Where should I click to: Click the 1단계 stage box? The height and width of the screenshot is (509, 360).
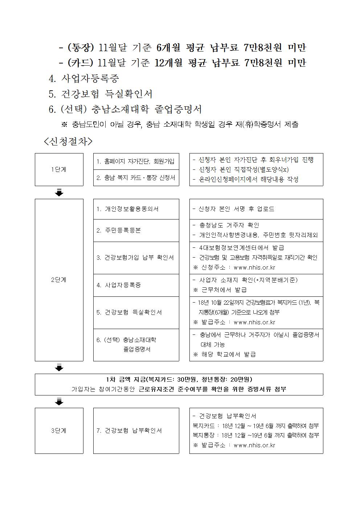(59, 169)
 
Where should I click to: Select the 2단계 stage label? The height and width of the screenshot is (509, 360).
(59, 280)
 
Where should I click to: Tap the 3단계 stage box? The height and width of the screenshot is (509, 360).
(59, 431)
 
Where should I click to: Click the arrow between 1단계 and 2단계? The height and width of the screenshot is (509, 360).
(59, 192)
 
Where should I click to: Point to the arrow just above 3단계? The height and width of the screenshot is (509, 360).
(59, 401)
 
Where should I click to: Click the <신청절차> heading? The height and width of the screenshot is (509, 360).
(68, 141)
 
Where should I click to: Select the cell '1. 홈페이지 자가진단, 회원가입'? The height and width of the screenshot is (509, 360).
(136, 161)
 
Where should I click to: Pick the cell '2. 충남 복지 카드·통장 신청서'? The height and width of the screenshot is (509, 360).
(136, 178)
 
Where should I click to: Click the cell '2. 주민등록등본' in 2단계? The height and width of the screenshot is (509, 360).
(119, 230)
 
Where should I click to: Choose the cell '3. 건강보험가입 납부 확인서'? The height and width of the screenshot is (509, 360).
(135, 258)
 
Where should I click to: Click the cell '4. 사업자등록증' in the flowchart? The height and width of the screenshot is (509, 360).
(119, 285)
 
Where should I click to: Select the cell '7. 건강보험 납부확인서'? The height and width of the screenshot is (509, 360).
(129, 431)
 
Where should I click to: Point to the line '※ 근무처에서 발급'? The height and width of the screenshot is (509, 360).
(220, 290)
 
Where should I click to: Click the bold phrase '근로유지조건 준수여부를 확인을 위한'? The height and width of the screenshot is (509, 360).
(193, 389)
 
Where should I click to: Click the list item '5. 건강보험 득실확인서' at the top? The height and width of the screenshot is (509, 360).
(101, 94)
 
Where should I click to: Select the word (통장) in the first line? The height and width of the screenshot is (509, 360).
(81, 47)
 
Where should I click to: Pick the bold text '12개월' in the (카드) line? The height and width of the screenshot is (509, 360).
(168, 63)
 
